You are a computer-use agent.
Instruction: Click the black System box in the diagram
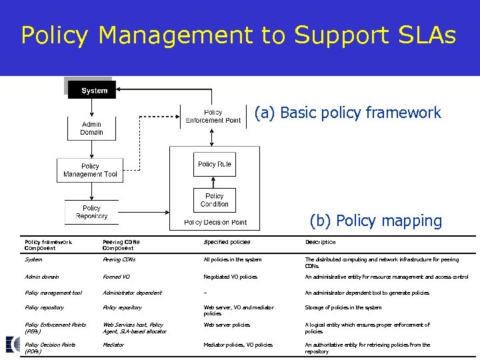click(92, 90)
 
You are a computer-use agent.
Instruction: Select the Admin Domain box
click(91, 128)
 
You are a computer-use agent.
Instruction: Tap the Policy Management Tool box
click(90, 170)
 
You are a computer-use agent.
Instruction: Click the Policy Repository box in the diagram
click(91, 212)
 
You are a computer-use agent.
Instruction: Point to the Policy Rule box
click(214, 164)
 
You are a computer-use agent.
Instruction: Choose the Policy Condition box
click(214, 200)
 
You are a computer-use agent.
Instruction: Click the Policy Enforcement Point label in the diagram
click(213, 116)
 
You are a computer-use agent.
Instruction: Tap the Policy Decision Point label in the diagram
click(215, 222)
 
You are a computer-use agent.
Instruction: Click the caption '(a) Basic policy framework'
click(347, 113)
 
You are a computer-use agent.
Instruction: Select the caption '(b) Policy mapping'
click(375, 221)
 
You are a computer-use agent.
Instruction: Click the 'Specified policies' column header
click(227, 242)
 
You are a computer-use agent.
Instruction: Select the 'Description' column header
click(320, 242)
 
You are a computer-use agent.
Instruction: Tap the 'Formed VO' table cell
click(116, 277)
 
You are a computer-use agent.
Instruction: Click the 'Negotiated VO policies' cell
click(230, 277)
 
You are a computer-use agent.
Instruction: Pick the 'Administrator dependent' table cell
click(132, 293)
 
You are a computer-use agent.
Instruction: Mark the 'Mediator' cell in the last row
click(113, 345)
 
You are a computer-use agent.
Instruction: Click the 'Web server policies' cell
click(227, 325)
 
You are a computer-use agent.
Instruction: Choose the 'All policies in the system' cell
click(233, 259)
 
